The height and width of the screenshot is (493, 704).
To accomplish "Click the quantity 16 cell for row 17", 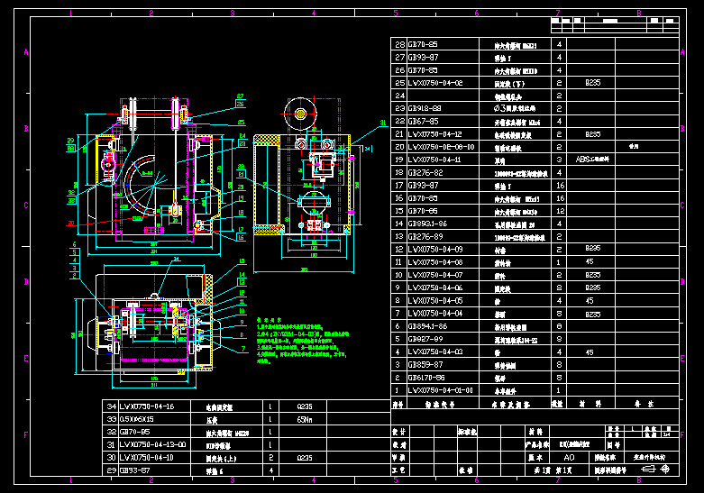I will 560,185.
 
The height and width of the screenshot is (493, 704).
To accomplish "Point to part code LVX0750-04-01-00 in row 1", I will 440,390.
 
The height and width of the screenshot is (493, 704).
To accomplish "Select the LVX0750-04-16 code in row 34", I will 151,406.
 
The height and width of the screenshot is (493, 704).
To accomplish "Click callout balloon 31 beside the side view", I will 381,121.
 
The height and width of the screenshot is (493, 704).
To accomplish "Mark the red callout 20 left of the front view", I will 71,221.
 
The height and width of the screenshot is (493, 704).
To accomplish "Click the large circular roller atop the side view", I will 300,114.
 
